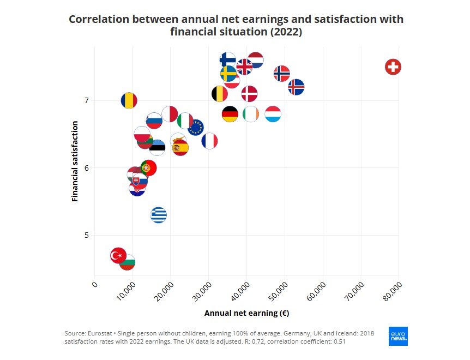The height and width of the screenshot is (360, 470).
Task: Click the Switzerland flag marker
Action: tap(393, 67)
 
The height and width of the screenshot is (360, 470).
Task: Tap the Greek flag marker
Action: tap(158, 215)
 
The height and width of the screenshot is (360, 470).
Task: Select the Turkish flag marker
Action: tap(118, 255)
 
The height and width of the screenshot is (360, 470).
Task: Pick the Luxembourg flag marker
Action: tap(273, 114)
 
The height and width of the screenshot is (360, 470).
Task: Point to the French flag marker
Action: tap(209, 141)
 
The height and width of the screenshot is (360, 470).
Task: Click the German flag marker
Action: tap(230, 114)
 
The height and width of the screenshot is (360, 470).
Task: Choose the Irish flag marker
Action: tap(250, 114)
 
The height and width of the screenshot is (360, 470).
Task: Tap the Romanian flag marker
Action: tap(129, 100)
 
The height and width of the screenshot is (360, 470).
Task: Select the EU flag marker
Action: tap(196, 128)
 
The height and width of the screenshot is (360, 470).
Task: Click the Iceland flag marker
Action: tap(296, 87)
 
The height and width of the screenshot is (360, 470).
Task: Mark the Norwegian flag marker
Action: tap(281, 73)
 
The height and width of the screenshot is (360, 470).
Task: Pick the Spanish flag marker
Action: tap(179, 147)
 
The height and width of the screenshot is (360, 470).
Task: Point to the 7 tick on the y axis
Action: tap(86, 100)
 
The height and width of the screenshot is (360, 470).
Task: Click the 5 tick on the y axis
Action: tap(86, 235)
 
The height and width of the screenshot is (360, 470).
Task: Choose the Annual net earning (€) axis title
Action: tap(246, 313)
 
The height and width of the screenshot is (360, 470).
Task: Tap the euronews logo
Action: tap(398, 337)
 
